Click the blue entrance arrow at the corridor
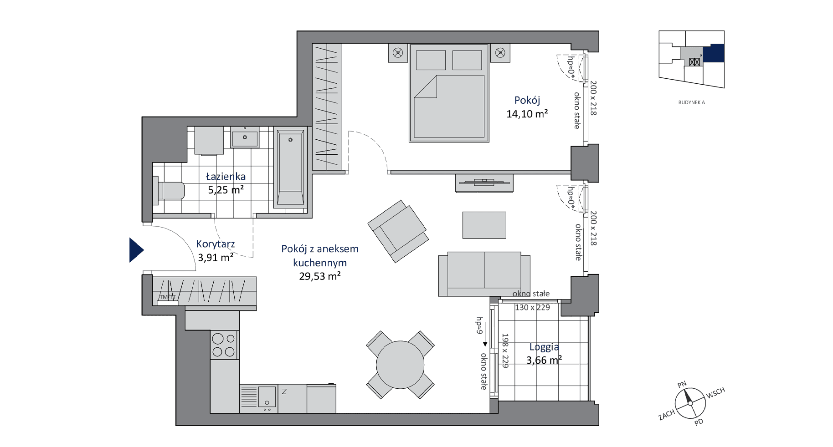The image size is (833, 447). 136,250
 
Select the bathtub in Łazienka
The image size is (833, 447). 290,168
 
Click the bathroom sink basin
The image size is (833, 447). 245,137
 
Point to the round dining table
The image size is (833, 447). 400,365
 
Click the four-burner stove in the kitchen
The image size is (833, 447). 224,345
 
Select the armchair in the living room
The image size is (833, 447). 398,231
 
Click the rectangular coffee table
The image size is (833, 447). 484,225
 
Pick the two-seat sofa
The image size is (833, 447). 484,274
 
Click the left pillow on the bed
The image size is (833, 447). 431,60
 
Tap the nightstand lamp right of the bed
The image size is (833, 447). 500,53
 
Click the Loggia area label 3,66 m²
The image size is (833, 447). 544,361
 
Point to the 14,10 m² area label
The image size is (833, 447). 527,114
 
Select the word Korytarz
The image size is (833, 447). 216,244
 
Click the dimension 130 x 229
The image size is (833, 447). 532,307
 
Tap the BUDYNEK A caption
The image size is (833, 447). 691,102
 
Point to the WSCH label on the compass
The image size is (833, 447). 715,393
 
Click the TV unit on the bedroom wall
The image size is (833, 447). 484,183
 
